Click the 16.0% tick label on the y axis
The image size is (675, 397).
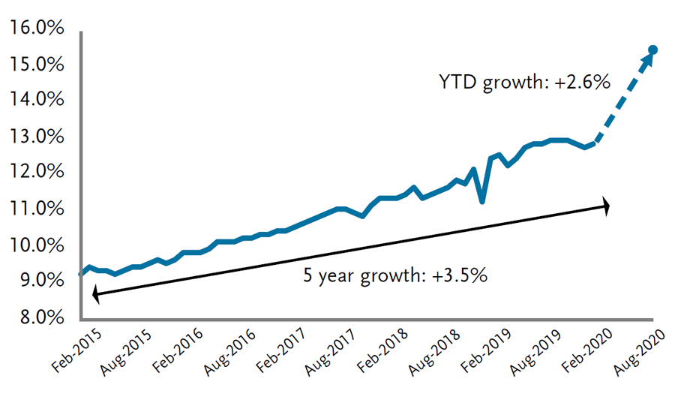[x=36, y=29]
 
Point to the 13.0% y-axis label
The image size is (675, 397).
[x=36, y=138]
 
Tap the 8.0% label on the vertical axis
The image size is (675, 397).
[x=36, y=318]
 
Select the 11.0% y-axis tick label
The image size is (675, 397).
[x=36, y=209]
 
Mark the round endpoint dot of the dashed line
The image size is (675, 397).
[x=652, y=50]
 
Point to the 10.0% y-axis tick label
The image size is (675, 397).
[x=36, y=246]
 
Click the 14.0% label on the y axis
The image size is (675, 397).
[x=36, y=101]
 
